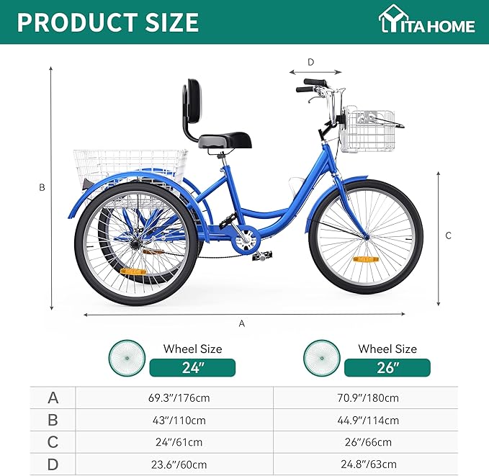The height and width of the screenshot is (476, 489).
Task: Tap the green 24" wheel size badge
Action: tap(192, 367)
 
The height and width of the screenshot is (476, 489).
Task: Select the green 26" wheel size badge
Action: tap(387, 367)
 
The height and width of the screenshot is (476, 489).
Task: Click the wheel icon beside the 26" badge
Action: tap(321, 358)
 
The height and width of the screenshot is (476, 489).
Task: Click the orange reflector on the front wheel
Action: tap(365, 259)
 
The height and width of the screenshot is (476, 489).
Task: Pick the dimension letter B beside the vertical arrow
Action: tap(42, 187)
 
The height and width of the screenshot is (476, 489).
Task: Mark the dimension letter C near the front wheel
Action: tap(448, 235)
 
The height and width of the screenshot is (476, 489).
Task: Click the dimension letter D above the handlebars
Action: tap(311, 62)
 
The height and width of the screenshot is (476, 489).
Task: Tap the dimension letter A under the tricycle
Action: tap(242, 324)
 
